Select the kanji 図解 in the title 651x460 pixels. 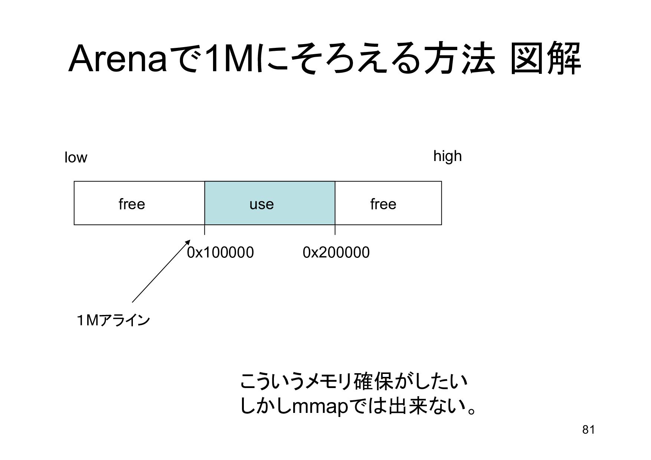tap(545, 59)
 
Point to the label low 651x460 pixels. tap(76, 158)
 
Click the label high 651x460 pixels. tap(448, 156)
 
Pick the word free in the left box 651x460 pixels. tap(132, 204)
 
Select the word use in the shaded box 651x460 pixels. tap(262, 204)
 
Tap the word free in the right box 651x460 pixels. tap(383, 204)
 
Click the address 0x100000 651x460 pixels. tap(220, 252)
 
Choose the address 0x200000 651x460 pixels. tap(336, 252)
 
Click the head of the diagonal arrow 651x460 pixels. tap(187, 243)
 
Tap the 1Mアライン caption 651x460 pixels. tap(113, 320)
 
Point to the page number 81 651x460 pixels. tap(589, 430)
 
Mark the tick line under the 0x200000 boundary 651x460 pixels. tap(335, 230)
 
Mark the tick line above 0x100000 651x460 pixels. tap(205, 230)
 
